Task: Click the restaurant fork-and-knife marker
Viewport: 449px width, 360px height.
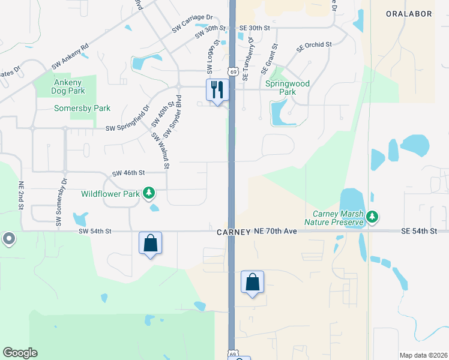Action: click(217, 90)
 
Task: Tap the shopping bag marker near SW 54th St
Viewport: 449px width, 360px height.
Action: click(150, 244)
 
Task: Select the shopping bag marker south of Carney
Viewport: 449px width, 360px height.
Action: click(252, 282)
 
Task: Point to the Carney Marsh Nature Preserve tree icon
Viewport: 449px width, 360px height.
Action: click(373, 216)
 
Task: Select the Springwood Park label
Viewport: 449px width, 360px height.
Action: click(288, 88)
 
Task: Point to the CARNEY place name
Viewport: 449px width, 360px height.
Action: click(234, 232)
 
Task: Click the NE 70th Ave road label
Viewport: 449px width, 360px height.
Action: click(276, 231)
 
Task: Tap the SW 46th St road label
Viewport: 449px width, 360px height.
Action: click(128, 173)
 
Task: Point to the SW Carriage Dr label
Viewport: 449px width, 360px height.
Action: click(192, 22)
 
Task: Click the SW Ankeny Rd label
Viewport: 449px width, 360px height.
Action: click(70, 54)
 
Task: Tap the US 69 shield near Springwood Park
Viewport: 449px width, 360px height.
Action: click(231, 71)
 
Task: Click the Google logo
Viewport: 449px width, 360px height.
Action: click(20, 353)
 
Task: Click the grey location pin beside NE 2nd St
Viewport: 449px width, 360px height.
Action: click(9, 239)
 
